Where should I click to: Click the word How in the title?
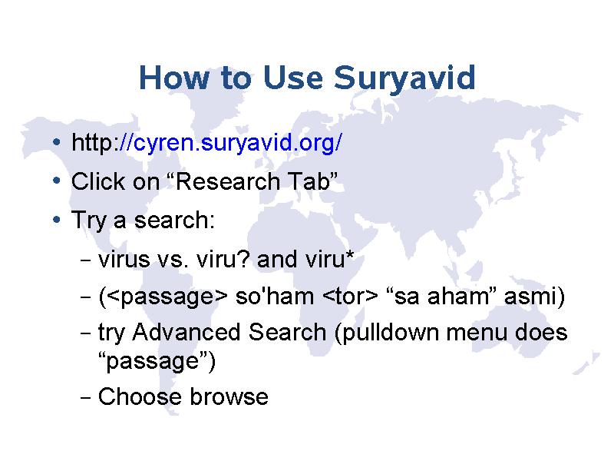point(174,78)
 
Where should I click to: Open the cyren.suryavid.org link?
point(238,142)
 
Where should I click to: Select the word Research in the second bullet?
point(228,181)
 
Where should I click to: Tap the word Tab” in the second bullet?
point(312,181)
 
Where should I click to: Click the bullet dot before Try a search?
point(57,220)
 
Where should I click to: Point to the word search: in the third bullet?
point(175,220)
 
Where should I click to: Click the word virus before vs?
point(124,259)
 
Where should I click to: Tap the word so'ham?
point(275,296)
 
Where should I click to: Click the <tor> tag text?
point(350,297)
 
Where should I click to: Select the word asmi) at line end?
point(534,297)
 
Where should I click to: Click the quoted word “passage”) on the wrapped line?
point(157,361)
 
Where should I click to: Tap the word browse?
point(229,396)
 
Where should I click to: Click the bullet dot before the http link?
point(57,141)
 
